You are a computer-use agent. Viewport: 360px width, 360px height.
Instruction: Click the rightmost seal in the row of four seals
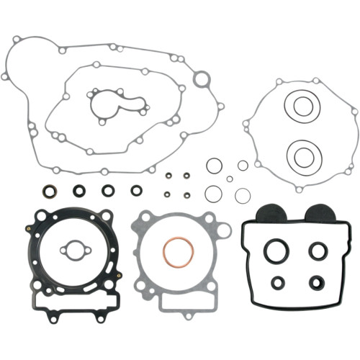click(135, 191)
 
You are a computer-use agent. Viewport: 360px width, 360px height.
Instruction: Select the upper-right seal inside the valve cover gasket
click(318, 249)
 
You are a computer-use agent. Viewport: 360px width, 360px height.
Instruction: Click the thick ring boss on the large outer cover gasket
click(204, 78)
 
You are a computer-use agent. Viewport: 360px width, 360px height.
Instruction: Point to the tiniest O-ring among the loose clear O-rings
click(228, 178)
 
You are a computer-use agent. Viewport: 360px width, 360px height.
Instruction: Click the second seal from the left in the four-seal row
click(79, 192)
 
